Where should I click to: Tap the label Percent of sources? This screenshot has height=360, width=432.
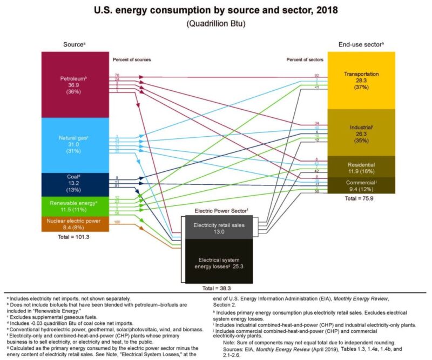pos(132,59)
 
